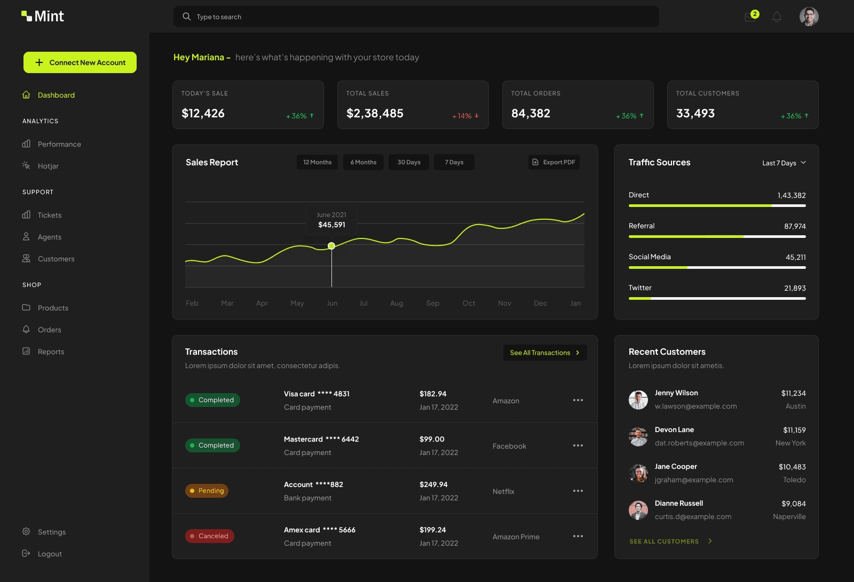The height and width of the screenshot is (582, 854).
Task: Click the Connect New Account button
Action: [80, 62]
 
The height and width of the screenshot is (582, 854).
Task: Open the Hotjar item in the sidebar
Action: [48, 166]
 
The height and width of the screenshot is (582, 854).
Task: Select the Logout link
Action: [50, 554]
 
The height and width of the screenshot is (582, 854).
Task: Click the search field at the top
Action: [416, 17]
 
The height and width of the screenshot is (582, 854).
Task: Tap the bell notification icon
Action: [777, 17]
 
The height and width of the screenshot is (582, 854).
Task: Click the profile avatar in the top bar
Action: [809, 17]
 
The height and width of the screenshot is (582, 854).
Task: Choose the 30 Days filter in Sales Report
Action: [409, 162]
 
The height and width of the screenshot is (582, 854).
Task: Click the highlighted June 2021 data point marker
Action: [331, 246]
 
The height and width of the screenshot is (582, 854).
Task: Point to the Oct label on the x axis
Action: [469, 303]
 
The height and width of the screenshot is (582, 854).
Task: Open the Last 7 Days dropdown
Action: [784, 163]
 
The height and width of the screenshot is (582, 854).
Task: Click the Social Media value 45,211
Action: [795, 257]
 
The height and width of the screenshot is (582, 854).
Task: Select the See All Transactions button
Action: [544, 353]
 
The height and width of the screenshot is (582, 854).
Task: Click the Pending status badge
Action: [207, 491]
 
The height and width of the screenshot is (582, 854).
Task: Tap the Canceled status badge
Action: [209, 536]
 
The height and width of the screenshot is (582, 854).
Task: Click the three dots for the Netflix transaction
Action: [578, 491]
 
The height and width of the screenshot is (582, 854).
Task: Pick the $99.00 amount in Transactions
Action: [432, 439]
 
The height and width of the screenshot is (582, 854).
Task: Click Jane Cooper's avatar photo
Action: [638, 473]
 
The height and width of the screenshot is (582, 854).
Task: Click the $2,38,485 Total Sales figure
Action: [375, 113]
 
